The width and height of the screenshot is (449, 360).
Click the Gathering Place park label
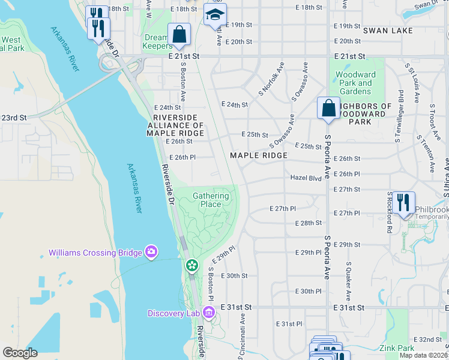pyautogui.click(x=211, y=200)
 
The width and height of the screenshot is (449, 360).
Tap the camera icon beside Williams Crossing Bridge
pyautogui.click(x=151, y=253)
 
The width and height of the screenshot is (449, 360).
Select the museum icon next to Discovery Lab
pyautogui.click(x=208, y=313)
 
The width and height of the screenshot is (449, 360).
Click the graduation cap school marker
pyautogui.click(x=214, y=16)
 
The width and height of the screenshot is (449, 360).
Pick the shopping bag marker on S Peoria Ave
pyautogui.click(x=328, y=109)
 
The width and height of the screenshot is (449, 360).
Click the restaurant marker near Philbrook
pyautogui.click(x=403, y=202)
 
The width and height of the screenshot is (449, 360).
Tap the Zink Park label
pyautogui.click(x=397, y=348)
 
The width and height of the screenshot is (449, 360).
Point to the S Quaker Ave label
pyautogui.click(x=348, y=281)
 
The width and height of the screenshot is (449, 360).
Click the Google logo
pyautogui.click(x=20, y=352)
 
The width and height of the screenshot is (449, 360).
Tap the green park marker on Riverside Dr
pyautogui.click(x=191, y=265)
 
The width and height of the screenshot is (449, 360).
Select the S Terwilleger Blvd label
pyautogui.click(x=400, y=116)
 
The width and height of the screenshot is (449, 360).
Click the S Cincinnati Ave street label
pyautogui.click(x=243, y=336)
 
